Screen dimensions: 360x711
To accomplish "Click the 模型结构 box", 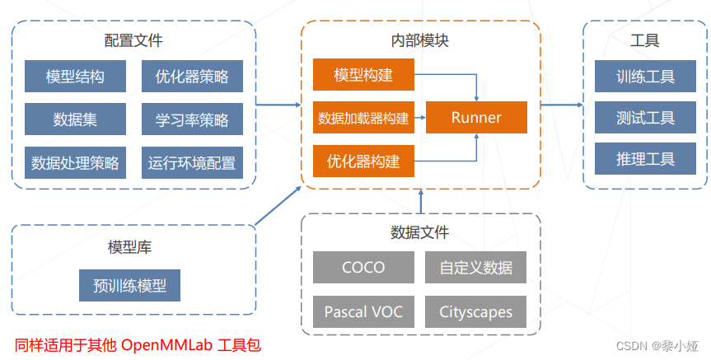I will [x=75, y=77].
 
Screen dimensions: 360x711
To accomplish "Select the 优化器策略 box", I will [x=192, y=77].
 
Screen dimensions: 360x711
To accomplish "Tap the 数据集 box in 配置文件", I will [x=75, y=119].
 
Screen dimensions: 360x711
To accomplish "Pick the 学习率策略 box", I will [x=192, y=119].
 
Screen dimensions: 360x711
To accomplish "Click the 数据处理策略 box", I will [x=75, y=162].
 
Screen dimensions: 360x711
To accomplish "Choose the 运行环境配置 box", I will [x=192, y=162].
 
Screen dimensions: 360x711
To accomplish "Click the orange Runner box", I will [x=476, y=117].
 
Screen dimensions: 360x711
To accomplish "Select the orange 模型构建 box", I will [x=363, y=75].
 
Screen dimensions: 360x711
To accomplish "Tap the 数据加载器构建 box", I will [x=363, y=118].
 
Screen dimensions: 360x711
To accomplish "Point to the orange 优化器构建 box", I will [x=363, y=161].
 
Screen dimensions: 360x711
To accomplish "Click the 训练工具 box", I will [x=645, y=77].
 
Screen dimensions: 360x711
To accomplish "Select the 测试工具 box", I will [x=645, y=118].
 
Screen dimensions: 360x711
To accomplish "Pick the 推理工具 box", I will [x=645, y=159].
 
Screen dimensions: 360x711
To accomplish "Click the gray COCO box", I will [x=363, y=268].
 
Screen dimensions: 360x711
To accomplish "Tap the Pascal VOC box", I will [x=363, y=312].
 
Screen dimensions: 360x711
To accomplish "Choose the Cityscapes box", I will [x=475, y=312].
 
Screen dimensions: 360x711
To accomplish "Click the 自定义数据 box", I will [x=475, y=268].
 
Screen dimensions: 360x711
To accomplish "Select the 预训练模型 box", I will [x=129, y=286].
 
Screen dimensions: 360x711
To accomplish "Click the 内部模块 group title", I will [x=420, y=40].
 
